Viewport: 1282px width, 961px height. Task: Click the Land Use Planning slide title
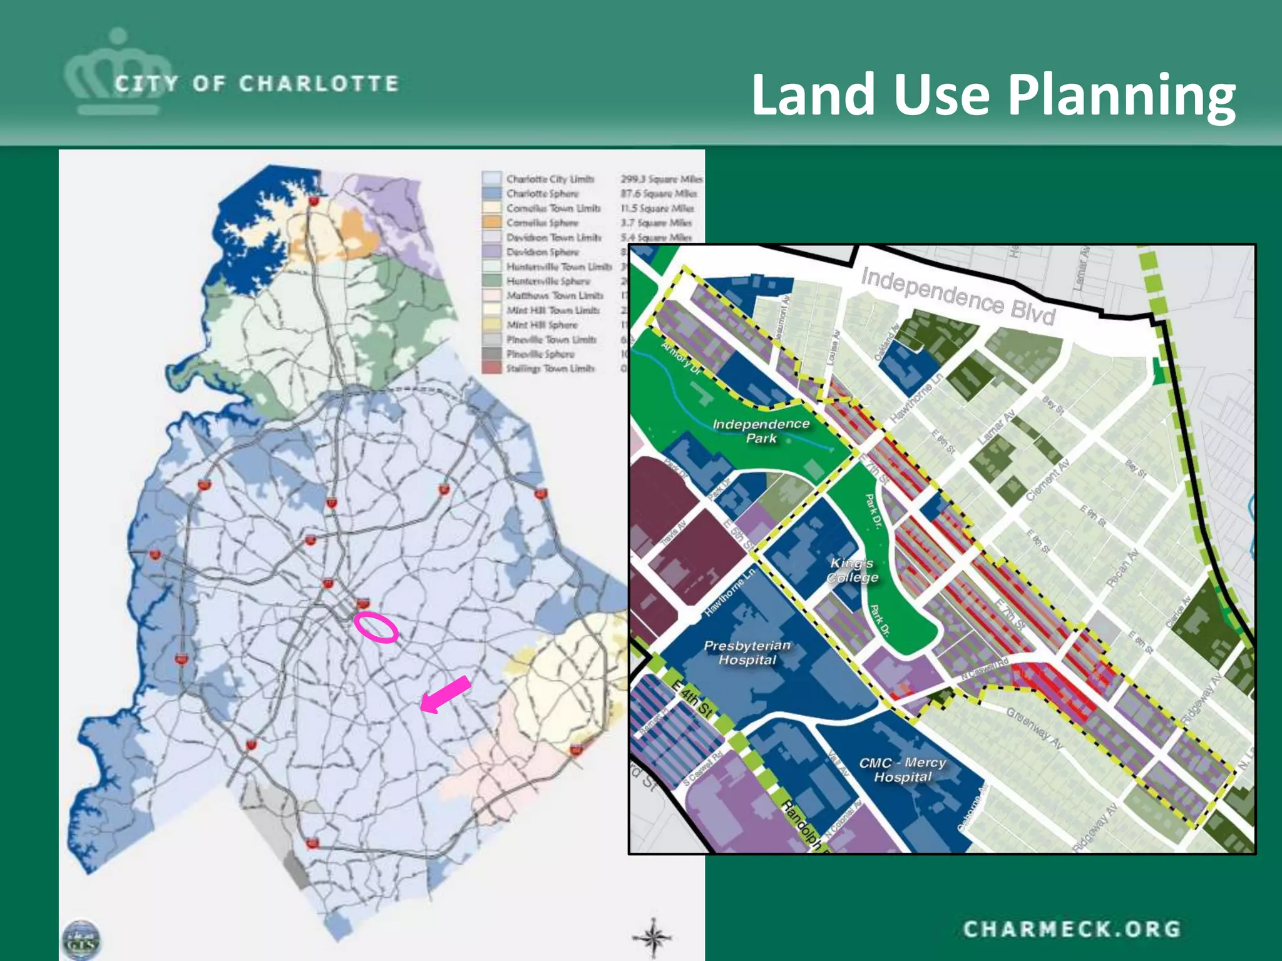[993, 94]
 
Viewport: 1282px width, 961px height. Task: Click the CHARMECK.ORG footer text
[1071, 929]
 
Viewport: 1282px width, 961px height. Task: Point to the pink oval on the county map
[376, 627]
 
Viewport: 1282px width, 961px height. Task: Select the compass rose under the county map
[652, 937]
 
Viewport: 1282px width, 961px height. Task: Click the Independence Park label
[761, 431]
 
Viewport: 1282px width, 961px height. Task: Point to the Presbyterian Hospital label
[747, 653]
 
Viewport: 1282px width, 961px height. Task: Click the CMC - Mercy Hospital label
[903, 770]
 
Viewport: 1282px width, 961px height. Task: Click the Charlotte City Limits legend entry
[550, 180]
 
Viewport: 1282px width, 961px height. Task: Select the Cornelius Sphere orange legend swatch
[492, 223]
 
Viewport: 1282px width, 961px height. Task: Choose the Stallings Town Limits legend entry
[550, 369]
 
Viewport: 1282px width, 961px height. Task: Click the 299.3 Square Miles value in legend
[661, 180]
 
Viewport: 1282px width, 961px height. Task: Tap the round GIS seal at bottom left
[81, 939]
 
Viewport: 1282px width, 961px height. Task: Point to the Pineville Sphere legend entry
[540, 354]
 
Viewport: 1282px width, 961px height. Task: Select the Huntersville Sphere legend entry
[548, 282]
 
